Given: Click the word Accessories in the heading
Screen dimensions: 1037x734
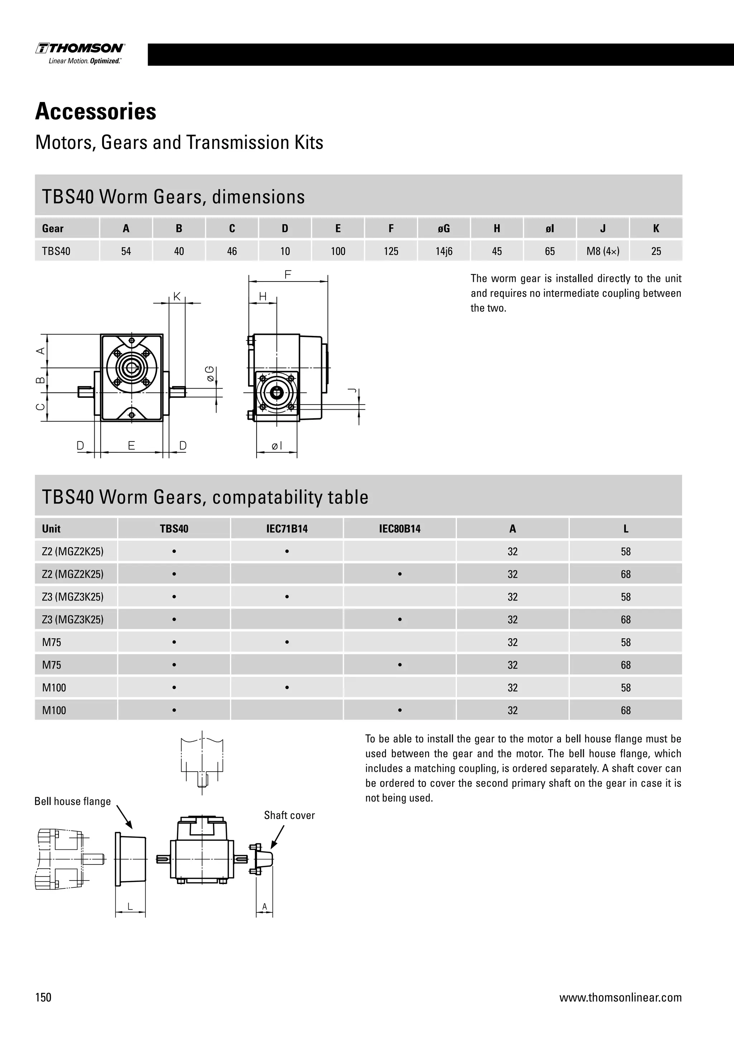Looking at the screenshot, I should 96,112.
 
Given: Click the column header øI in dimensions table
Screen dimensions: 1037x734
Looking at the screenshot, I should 549,228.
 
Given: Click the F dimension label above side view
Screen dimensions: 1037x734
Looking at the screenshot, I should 288,274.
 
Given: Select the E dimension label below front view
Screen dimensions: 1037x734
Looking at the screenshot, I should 131,446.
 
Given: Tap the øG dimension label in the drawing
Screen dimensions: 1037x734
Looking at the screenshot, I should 210,374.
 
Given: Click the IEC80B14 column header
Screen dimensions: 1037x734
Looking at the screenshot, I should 400,529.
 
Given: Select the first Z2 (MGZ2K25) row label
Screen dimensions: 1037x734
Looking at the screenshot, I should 73,551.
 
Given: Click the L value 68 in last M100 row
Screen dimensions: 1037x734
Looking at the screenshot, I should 625,710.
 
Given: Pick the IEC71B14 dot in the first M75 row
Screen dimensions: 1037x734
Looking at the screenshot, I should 287,642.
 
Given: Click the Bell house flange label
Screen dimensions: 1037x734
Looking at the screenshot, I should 73,801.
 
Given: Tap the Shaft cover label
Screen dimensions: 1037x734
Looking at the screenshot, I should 289,815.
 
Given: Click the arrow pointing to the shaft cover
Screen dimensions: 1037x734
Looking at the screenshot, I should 277,837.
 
